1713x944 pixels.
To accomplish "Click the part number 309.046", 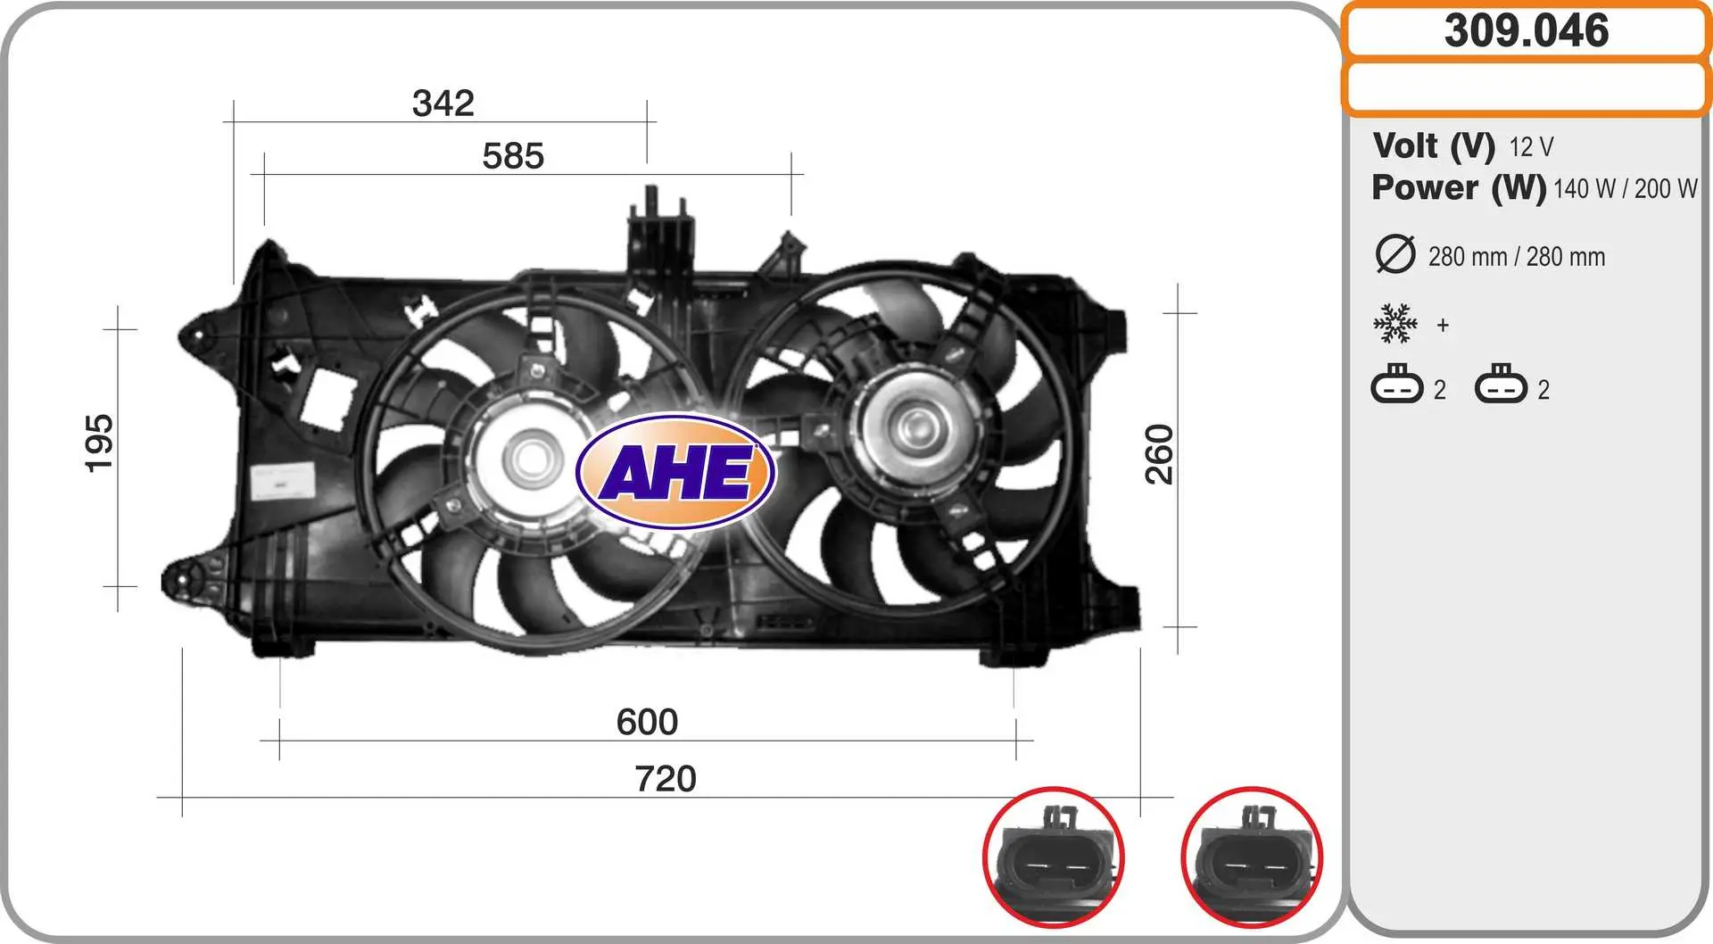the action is tap(1527, 30).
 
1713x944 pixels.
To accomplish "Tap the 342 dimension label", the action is tap(443, 103).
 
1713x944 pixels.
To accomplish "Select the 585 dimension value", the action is tap(513, 156).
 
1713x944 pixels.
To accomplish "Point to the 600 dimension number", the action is tap(647, 722).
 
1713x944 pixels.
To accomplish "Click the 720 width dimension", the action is tap(666, 779).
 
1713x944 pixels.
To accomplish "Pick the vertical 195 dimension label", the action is tap(99, 443).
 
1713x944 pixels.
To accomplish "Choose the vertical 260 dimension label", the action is tap(1159, 455).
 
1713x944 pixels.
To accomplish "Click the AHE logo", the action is tap(676, 471).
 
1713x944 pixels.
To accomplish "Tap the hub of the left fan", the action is tap(533, 459).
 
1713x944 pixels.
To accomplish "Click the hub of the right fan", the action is tap(913, 428).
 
